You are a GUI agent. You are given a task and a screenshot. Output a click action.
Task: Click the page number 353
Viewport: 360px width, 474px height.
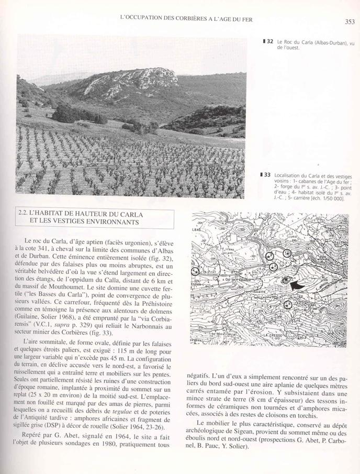tap(350, 21)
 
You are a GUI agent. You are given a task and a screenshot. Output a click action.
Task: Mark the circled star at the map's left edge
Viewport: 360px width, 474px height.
tap(195, 271)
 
